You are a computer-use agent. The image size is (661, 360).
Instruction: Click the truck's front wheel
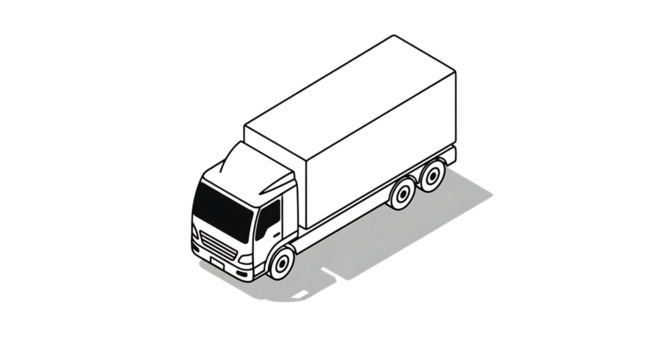coord(281,264)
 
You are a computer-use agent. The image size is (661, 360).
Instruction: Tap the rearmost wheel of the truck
coord(432,177)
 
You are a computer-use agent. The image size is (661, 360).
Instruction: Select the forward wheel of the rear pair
coord(402,195)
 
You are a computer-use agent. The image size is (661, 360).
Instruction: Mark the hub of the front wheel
coord(282,265)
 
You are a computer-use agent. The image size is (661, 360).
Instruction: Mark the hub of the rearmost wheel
coord(433,177)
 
